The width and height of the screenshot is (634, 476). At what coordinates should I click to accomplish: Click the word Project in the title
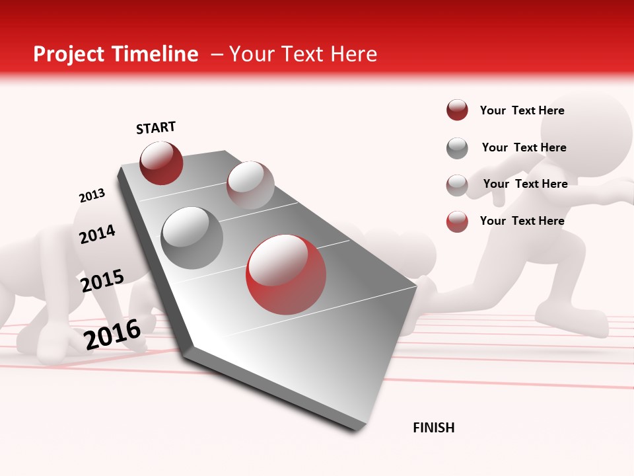[68, 54]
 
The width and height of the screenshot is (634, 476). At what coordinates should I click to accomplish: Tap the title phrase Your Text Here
[303, 54]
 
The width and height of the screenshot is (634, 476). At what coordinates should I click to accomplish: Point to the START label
[156, 128]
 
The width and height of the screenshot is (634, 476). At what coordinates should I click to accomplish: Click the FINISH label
[434, 428]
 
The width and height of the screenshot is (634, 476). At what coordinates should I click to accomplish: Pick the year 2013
[92, 196]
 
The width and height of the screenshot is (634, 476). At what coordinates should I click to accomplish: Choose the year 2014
[97, 234]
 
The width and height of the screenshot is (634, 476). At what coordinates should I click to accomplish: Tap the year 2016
[112, 334]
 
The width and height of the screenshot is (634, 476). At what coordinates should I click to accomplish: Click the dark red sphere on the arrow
[161, 163]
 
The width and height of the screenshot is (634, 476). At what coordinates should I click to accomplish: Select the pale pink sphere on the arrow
[250, 184]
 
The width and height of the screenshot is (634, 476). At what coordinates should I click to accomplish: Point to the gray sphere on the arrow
[192, 237]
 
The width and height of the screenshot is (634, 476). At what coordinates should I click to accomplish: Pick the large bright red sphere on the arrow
[286, 275]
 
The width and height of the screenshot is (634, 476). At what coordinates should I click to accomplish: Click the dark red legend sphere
[457, 110]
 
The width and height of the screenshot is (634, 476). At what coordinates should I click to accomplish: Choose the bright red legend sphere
[457, 221]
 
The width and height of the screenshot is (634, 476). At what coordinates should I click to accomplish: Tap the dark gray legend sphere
[457, 148]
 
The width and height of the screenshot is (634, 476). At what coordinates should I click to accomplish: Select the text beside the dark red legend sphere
[522, 110]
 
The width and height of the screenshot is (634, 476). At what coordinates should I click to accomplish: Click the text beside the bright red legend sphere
[522, 221]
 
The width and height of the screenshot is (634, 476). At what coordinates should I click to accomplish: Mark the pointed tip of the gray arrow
[417, 286]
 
